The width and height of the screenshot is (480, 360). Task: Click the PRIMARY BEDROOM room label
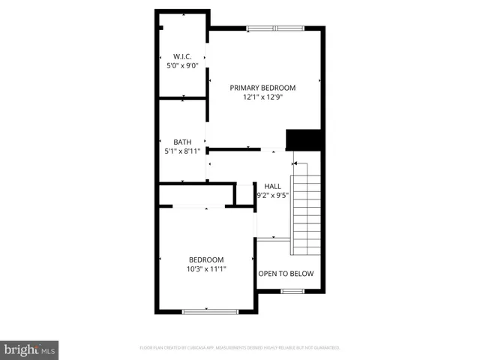(x=262, y=87)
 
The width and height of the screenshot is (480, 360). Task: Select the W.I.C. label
(x=182, y=56)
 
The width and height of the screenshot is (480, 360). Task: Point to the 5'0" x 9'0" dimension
(x=182, y=66)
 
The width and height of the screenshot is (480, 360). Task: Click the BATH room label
(x=182, y=142)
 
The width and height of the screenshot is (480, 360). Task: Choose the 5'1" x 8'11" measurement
(x=182, y=151)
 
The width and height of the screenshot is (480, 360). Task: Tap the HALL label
(x=272, y=185)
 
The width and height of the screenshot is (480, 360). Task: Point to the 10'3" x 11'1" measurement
(x=206, y=269)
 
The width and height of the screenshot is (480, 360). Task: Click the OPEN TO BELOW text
(x=286, y=274)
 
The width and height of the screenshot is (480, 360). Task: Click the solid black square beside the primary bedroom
(x=304, y=140)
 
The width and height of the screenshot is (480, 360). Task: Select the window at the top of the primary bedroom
(x=275, y=29)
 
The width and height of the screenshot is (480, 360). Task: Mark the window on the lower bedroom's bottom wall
(x=210, y=310)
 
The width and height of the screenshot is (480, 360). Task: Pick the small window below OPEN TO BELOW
(x=297, y=291)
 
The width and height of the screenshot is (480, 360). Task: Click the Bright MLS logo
(x=29, y=349)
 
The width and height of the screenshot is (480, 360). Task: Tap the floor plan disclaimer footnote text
(x=240, y=348)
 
